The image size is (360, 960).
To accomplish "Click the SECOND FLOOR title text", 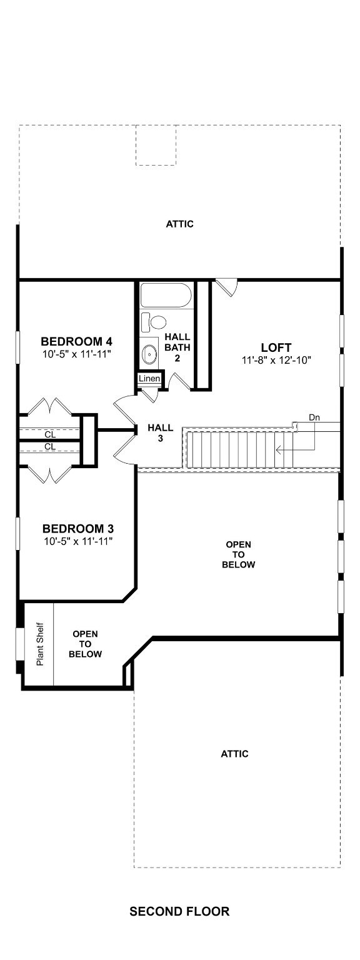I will (x=179, y=911).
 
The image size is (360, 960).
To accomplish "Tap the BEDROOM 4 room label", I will (x=76, y=341).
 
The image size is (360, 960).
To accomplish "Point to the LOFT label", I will (x=276, y=347).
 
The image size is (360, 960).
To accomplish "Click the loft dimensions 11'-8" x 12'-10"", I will (x=276, y=360).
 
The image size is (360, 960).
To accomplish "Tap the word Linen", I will (x=150, y=379).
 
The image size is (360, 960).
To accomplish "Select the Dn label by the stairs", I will (x=315, y=417).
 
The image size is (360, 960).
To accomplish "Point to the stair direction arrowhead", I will (x=279, y=448).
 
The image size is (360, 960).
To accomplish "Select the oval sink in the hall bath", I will (x=151, y=354).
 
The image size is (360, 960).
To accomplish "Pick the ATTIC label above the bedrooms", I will (x=179, y=224).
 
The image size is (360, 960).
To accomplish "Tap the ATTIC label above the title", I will (x=234, y=754).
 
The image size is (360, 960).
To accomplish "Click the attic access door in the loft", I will (x=227, y=287).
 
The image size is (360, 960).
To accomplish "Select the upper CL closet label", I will (x=49, y=434).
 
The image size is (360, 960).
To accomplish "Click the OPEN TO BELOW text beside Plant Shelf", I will (x=85, y=644).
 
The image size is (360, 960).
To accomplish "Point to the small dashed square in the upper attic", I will (x=156, y=145).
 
